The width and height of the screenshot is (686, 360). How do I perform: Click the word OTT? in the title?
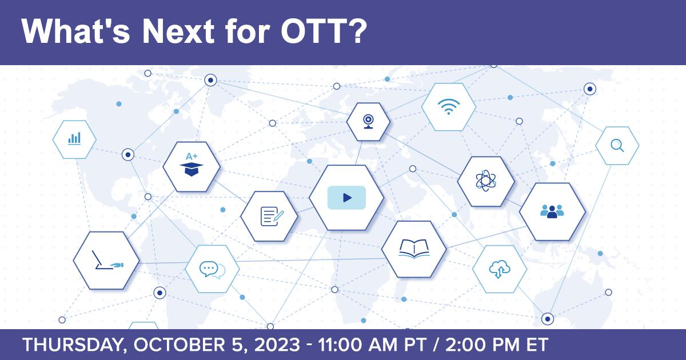tap(324, 31)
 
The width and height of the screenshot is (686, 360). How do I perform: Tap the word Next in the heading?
tap(178, 31)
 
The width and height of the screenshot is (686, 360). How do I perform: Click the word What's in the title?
tap(76, 31)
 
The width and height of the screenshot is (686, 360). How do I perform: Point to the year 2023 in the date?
tap(277, 345)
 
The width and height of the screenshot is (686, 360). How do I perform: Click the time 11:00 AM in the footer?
tap(357, 345)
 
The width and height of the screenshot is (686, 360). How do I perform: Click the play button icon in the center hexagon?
tap(346, 198)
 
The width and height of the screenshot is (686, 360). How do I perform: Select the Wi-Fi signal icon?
tap(449, 106)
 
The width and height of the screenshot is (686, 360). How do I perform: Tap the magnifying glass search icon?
tap(617, 145)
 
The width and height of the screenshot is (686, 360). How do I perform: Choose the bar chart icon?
tap(74, 138)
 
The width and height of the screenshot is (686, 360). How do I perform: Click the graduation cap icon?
tap(192, 169)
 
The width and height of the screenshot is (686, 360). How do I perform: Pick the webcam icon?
tap(368, 122)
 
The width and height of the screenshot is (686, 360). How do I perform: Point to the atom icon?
tap(486, 181)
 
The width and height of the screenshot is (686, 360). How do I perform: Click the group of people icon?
tap(552, 211)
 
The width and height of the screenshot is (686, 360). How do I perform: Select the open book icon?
tap(414, 248)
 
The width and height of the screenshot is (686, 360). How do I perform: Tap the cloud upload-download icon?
tap(500, 269)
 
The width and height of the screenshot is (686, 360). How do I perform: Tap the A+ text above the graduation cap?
tap(192, 157)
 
